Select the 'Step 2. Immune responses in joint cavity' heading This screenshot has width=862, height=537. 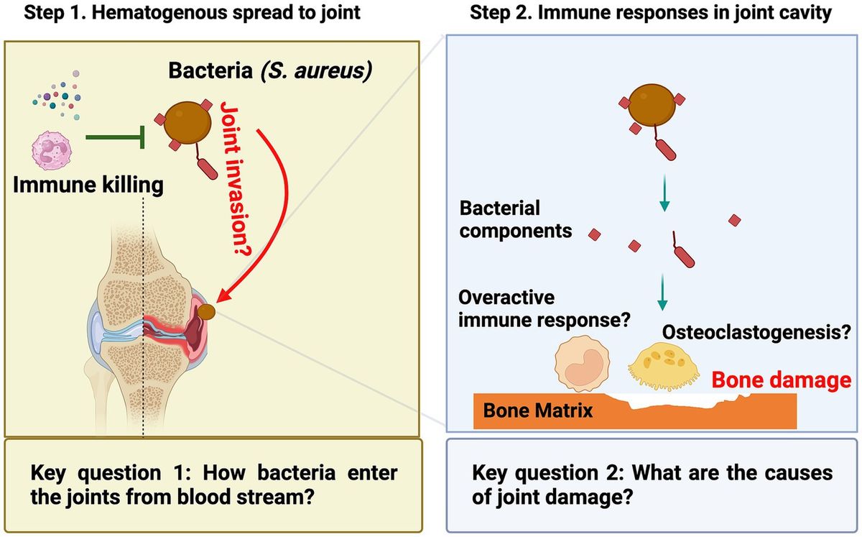click(651, 13)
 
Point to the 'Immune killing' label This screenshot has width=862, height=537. click(88, 185)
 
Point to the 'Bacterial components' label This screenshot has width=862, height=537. click(516, 220)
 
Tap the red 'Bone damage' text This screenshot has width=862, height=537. click(781, 379)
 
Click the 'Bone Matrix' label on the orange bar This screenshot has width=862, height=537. click(538, 410)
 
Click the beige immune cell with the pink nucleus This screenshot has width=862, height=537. click(581, 367)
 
